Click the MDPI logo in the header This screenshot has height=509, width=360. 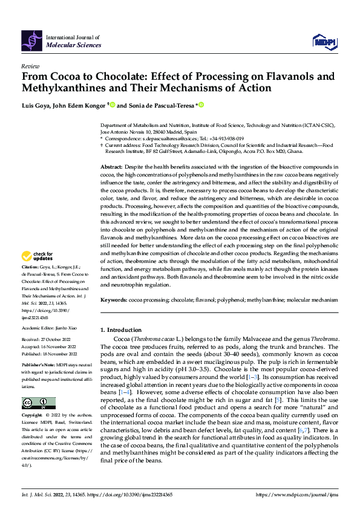(x=324, y=41)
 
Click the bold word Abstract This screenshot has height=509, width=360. (x=111, y=166)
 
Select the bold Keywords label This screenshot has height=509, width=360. (x=113, y=300)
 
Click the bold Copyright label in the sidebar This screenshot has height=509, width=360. (x=31, y=416)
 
